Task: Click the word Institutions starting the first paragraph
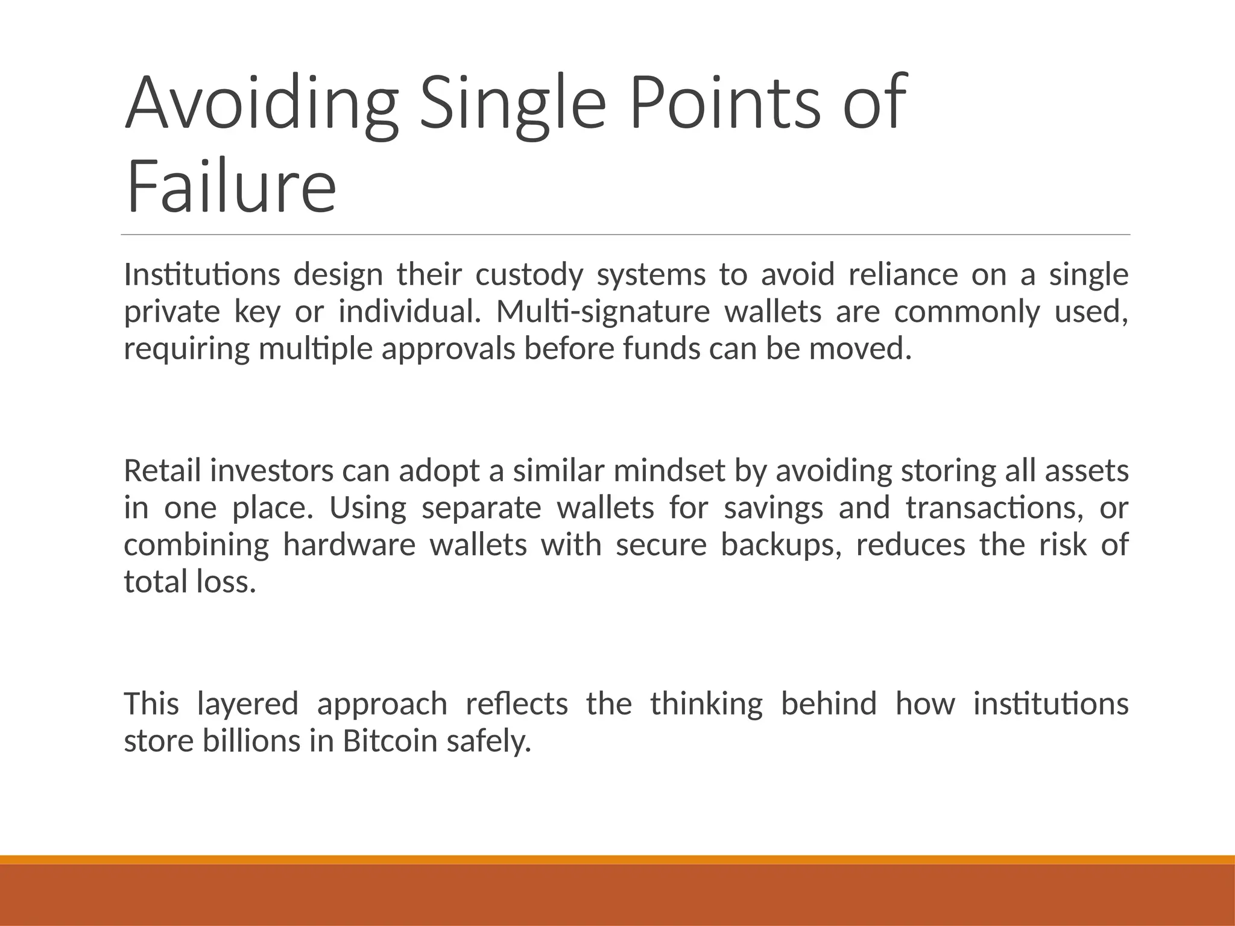[201, 275]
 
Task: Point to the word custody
[529, 276]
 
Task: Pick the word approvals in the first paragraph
[448, 350]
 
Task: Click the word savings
[773, 508]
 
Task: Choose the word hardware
[349, 545]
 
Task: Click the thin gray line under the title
[625, 235]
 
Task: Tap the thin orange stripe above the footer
[617, 860]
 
